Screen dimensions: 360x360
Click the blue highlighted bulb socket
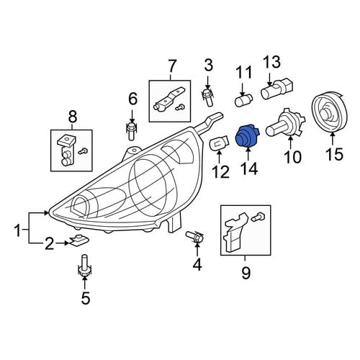point(247,135)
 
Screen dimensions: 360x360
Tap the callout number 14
point(248,168)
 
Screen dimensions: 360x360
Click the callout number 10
point(292,157)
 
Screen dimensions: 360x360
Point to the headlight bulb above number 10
point(286,124)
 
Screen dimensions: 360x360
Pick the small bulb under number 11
point(243,101)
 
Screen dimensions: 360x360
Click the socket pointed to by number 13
point(279,90)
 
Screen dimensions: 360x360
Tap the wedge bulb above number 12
point(218,143)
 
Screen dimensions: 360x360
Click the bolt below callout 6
point(132,131)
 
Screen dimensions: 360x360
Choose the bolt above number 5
point(84,266)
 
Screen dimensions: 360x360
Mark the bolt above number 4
point(195,236)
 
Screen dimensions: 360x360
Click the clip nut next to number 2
point(79,239)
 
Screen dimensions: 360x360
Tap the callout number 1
point(17,230)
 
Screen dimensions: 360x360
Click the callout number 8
point(73,117)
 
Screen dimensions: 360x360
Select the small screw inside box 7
point(179,107)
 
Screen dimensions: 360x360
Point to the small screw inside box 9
point(258,217)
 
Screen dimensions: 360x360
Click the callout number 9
point(246,273)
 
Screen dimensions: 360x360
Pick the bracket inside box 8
point(67,150)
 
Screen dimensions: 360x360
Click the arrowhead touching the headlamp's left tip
point(46,212)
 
